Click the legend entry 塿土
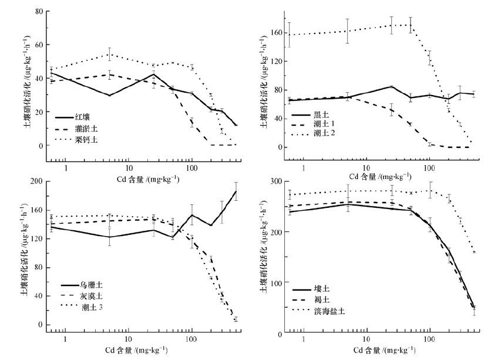(335, 290)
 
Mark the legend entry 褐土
(335, 300)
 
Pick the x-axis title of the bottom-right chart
(382, 351)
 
